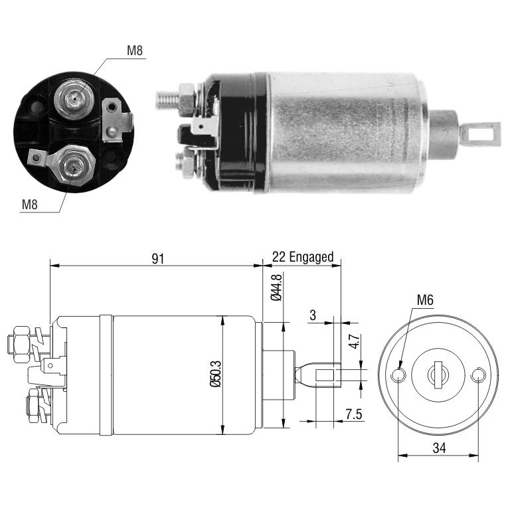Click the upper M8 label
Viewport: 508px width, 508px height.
[134, 50]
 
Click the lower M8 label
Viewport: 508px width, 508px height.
[29, 205]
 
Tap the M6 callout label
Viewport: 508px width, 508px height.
[425, 300]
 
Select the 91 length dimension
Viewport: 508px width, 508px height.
[158, 258]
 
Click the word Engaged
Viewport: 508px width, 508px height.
[311, 257]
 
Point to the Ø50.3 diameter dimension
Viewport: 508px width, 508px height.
[215, 374]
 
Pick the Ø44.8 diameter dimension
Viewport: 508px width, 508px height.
[276, 287]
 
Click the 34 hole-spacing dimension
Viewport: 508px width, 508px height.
[439, 448]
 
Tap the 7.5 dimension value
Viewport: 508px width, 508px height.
[353, 414]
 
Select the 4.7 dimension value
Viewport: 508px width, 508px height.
[355, 341]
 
